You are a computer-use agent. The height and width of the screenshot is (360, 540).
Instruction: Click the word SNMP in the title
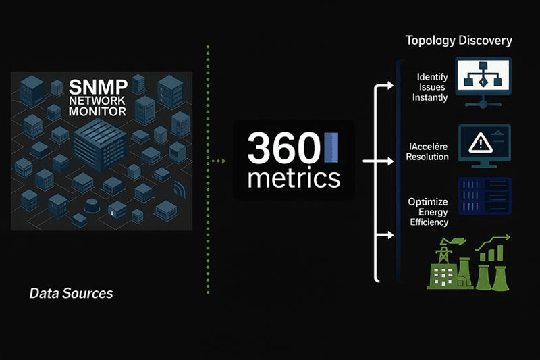pos(98,87)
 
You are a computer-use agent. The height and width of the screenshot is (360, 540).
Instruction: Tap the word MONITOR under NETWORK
pos(97,111)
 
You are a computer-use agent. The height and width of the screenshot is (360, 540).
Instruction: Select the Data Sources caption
pos(71,293)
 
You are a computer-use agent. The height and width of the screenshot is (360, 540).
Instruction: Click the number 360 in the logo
pos(283,148)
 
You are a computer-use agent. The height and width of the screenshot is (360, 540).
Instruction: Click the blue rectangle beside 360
pos(331,147)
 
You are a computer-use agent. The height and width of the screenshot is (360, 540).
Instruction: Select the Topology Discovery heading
pos(459,41)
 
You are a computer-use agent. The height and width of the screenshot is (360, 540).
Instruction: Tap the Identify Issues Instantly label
pos(430,87)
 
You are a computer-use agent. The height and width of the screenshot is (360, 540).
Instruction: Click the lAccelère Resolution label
pos(427,151)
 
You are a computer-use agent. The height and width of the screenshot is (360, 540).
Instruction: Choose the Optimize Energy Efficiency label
pos(429,212)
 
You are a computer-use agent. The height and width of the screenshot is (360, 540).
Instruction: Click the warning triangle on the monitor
pos(481,143)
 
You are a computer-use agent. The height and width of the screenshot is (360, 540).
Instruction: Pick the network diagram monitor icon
pos(483,82)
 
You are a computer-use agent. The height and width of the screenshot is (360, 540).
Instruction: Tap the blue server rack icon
pos(485,197)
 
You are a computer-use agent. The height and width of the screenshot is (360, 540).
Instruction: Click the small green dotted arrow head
pos(223,161)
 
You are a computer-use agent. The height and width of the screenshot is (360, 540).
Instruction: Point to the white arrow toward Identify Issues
pos(384,85)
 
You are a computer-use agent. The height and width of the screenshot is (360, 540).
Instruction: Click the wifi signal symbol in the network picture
pos(180,189)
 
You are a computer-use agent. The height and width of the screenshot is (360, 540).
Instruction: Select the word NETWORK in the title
pos(97,101)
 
